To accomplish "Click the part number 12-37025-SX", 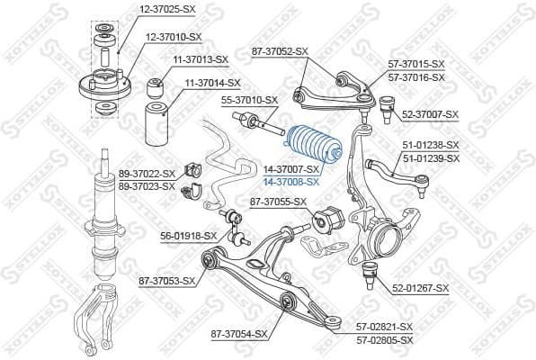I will pos(166,9).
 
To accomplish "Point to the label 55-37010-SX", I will pos(250,100).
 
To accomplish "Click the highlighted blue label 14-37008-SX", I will pos(291,181).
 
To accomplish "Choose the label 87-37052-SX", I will pos(282,53).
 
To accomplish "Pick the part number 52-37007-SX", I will pos(430,114).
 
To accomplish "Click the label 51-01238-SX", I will pos(430,144).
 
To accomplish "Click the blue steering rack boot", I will pos(310,145).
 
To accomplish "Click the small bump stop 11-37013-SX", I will pos(156,87).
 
